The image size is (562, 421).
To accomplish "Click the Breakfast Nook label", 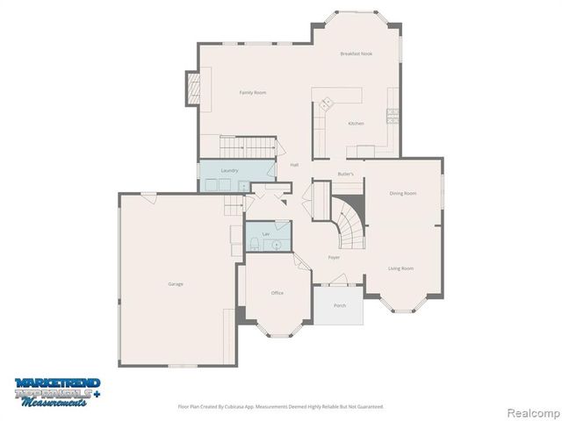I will coord(357,54).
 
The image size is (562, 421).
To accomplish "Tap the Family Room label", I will coord(253,92).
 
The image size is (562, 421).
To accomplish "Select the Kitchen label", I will coord(356,124).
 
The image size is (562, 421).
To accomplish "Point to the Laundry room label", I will coord(229,170).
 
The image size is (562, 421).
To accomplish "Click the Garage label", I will coord(176,283).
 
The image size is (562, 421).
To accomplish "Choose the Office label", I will coord(277,293).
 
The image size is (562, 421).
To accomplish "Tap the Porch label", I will coord(339,305).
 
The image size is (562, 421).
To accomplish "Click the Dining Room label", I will coord(403,193).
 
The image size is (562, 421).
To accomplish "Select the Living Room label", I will coord(401,268).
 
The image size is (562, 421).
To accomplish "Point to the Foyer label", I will coord(334,257).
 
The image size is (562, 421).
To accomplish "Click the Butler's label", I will coord(346,175).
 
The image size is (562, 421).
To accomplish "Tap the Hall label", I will coord(294,165).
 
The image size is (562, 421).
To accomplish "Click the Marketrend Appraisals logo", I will coord(57,389).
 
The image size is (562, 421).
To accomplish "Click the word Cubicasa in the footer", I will coord(236,406).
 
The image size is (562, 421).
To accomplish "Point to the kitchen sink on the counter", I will coord(326,103).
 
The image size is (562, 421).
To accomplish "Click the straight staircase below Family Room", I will coord(247,146).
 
